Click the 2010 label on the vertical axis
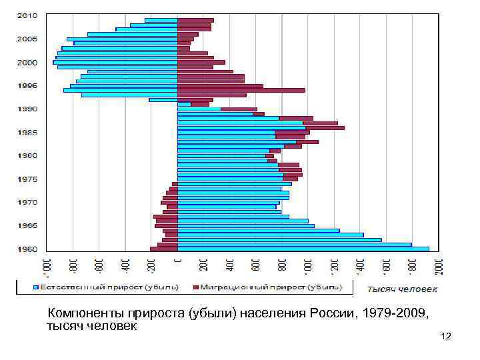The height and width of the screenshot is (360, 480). tap(27, 16)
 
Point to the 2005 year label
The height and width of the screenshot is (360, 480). tap(27, 39)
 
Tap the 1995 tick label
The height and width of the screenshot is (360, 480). tap(27, 86)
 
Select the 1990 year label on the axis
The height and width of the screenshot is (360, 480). tap(27, 109)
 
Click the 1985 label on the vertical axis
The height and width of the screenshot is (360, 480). tap(27, 133)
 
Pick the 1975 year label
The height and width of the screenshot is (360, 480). tap(27, 179)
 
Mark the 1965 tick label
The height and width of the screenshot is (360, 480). tap(27, 226)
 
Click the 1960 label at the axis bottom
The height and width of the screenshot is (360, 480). tap(27, 249)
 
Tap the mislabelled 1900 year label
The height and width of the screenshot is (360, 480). tap(27, 156)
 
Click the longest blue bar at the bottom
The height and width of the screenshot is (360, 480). tap(303, 249)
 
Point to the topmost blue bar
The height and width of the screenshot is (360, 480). tap(161, 20)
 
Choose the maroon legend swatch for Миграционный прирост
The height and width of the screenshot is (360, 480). tap(196, 287)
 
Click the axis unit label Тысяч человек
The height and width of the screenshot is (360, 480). tap(402, 289)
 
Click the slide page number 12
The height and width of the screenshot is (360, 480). tap(446, 336)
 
